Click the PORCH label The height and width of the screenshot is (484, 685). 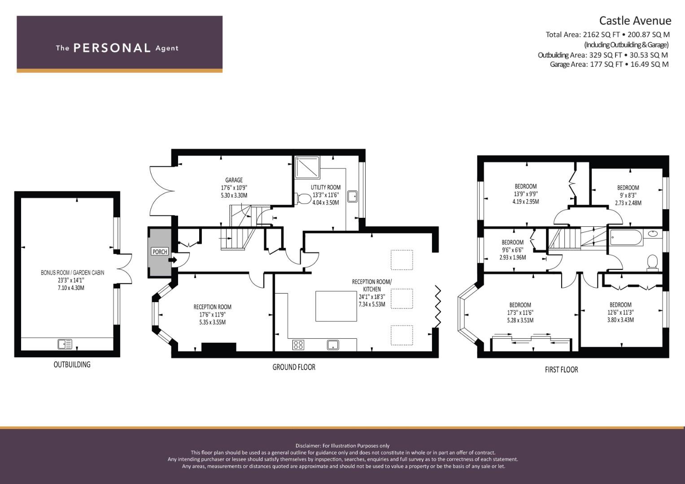160,252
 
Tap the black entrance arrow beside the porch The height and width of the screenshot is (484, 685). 173,260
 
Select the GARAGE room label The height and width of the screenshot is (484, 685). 234,180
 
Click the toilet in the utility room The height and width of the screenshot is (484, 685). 303,199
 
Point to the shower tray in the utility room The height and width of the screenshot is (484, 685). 307,168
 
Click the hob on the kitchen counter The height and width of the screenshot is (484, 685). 298,345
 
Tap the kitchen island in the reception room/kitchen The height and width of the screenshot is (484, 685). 336,306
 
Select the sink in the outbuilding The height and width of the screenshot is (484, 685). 65,344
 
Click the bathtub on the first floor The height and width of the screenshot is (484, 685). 626,238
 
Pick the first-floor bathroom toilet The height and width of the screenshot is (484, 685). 653,263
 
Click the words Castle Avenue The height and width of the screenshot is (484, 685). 635,21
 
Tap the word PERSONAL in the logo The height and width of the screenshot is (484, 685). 112,48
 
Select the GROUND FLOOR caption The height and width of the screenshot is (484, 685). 294,367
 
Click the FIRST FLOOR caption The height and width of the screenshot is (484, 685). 562,370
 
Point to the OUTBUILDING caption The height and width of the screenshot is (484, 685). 72,364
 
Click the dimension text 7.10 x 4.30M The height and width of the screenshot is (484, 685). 71,288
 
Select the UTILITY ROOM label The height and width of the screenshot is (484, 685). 326,187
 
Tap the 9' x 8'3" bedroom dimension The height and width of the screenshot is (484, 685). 628,195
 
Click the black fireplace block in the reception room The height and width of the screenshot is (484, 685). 218,347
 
